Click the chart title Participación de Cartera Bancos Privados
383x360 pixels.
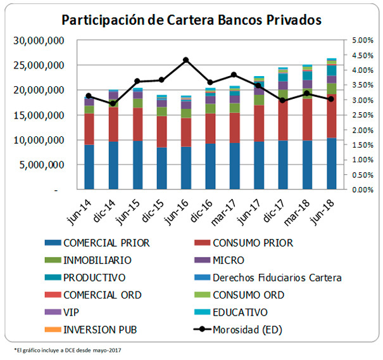click(191, 20)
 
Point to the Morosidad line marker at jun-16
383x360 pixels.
click(186, 60)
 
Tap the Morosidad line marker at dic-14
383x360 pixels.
click(113, 103)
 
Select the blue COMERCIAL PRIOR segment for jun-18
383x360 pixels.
click(331, 164)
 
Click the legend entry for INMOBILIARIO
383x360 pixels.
click(97, 260)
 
